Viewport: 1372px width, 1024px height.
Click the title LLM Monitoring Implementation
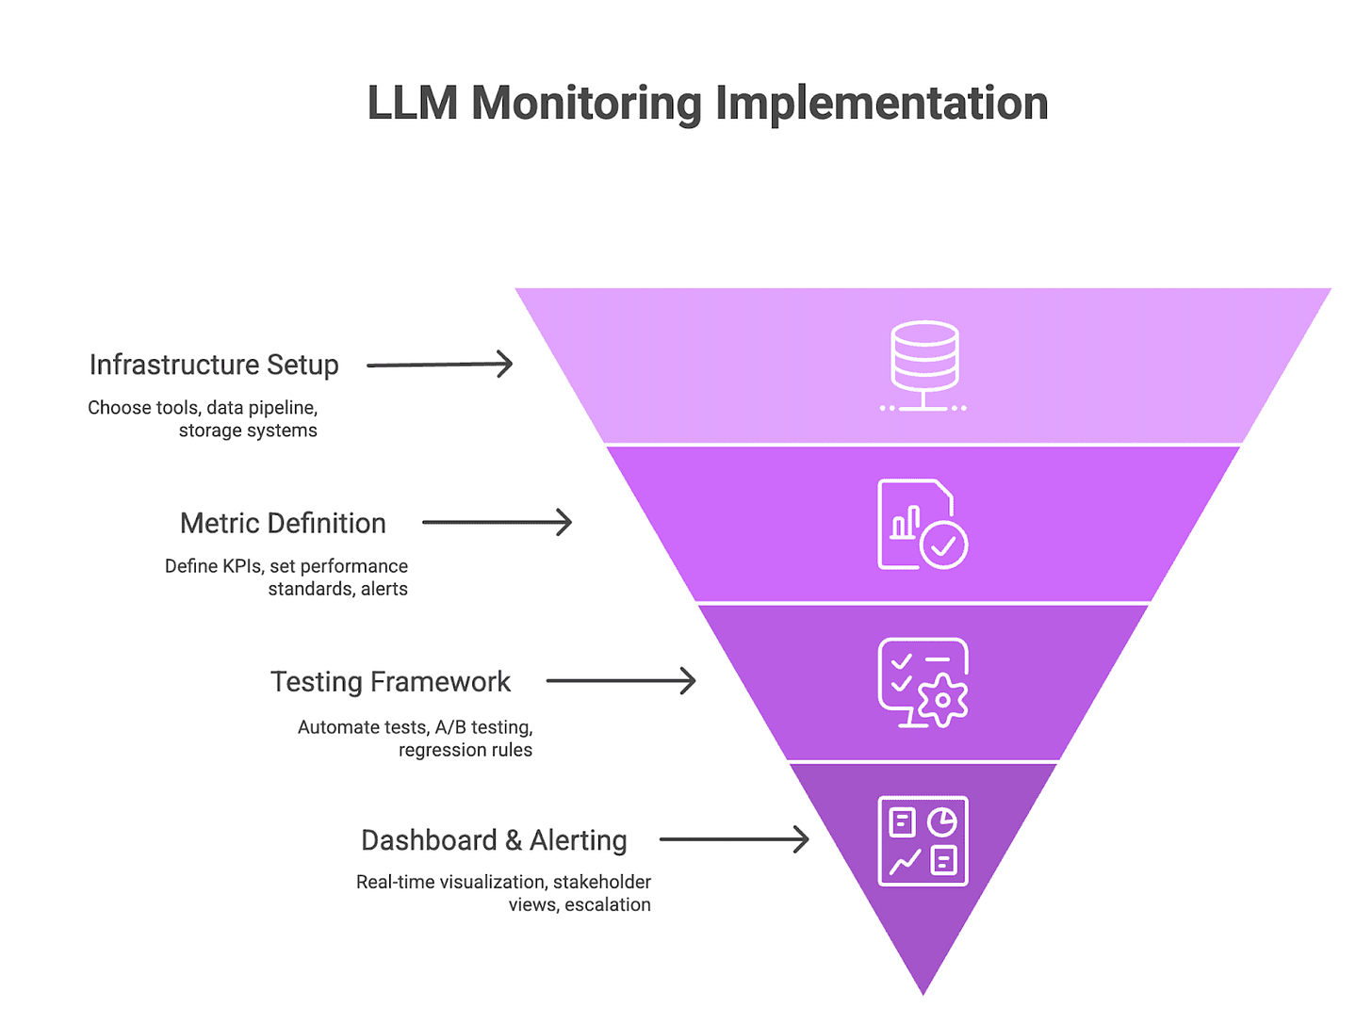pyautogui.click(x=707, y=103)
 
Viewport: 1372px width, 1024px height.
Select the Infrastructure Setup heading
pyautogui.click(x=214, y=365)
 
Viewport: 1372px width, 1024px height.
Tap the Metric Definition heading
pyautogui.click(x=283, y=523)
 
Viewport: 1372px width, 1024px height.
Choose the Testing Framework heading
pyautogui.click(x=390, y=681)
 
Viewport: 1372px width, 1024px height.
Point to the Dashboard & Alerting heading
pyautogui.click(x=494, y=839)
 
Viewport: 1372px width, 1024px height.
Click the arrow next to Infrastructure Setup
pyautogui.click(x=439, y=365)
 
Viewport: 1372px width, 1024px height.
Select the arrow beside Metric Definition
pyautogui.click(x=497, y=523)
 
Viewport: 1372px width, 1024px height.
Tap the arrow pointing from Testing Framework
pyautogui.click(x=621, y=681)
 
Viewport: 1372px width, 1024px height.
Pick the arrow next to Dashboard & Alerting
pyautogui.click(x=734, y=839)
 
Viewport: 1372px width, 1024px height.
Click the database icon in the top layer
pyautogui.click(x=923, y=366)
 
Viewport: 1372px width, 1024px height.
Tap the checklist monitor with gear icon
pyautogui.click(x=922, y=682)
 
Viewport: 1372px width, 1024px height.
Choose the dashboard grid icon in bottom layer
pyautogui.click(x=923, y=840)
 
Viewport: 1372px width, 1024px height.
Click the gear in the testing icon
pyautogui.click(x=942, y=700)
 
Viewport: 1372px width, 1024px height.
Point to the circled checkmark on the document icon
pyautogui.click(x=943, y=545)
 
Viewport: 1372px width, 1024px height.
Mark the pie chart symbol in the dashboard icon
pyautogui.click(x=942, y=821)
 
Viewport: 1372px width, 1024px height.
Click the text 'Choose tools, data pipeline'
pyautogui.click(x=203, y=408)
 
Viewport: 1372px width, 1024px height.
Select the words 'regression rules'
pyautogui.click(x=465, y=750)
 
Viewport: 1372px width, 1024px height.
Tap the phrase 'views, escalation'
pyautogui.click(x=580, y=904)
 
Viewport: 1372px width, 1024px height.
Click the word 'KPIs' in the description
pyautogui.click(x=239, y=566)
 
